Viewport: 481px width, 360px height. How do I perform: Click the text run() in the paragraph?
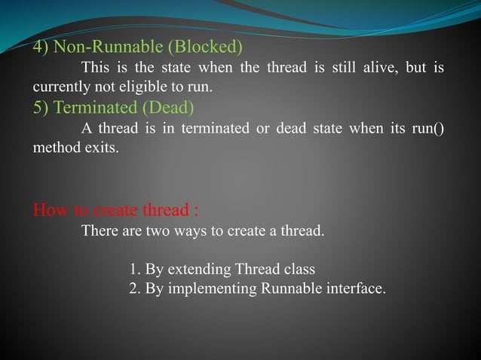(x=427, y=128)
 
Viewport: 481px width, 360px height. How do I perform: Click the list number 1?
(x=134, y=270)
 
